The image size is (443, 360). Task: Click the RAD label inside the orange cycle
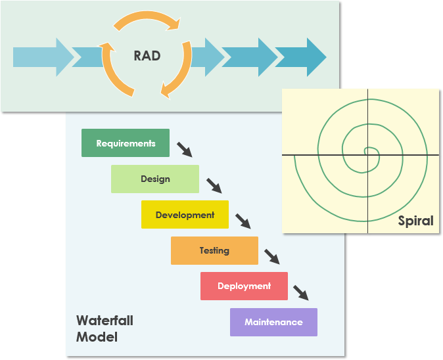coord(147,55)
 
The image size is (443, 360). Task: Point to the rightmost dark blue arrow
coord(301,57)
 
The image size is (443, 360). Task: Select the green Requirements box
coord(125,143)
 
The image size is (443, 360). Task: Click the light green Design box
coord(155,179)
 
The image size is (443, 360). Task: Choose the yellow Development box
coord(185,215)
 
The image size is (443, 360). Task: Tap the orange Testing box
coord(214,250)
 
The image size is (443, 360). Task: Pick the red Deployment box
coord(244,286)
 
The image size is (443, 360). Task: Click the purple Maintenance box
coord(273,322)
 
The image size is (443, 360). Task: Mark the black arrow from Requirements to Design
coord(185,149)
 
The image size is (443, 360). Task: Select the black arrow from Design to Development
coord(214,185)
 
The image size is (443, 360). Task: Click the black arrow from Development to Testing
coord(243,221)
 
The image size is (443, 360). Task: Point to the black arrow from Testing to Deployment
coord(272,256)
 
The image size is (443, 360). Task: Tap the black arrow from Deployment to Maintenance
coord(301,292)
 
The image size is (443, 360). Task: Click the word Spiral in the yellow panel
coord(415,221)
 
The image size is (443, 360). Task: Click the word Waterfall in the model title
coord(105,321)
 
